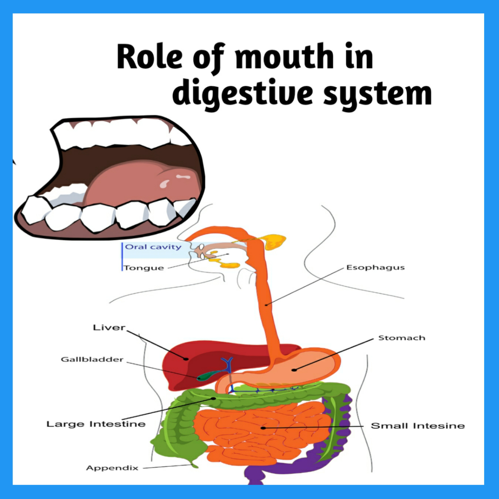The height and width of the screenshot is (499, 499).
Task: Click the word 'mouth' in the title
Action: (284, 57)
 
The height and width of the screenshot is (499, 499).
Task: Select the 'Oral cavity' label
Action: (153, 247)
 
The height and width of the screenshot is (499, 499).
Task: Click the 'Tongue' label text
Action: (144, 268)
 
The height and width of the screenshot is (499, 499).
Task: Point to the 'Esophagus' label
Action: (375, 267)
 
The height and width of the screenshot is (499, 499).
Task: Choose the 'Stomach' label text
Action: (402, 338)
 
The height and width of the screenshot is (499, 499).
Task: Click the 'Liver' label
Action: (109, 327)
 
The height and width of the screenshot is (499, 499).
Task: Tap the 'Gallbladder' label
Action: (92, 359)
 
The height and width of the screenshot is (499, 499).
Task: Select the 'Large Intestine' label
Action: (96, 424)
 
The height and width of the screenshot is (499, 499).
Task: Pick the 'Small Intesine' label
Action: (418, 426)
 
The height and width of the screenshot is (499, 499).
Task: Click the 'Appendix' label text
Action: (112, 468)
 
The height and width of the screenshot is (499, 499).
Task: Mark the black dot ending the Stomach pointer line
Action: (294, 370)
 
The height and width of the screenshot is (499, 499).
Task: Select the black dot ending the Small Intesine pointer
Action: (264, 428)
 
